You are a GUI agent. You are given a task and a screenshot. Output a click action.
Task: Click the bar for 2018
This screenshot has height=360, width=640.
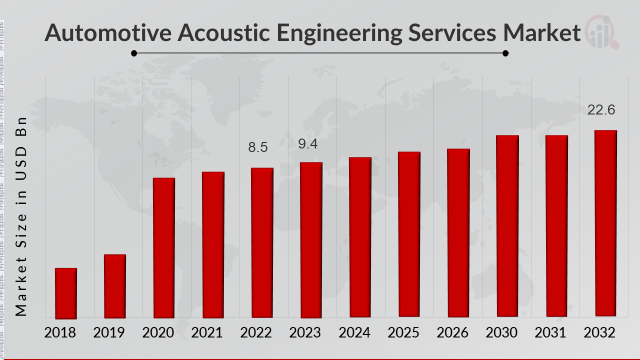65,293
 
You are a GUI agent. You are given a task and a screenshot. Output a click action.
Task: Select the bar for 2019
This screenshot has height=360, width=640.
114,286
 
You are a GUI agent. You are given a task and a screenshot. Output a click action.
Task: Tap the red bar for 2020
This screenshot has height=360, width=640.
163,247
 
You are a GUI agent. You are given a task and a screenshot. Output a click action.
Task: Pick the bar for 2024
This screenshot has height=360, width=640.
360,237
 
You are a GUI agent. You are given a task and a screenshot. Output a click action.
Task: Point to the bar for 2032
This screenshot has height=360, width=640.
605,223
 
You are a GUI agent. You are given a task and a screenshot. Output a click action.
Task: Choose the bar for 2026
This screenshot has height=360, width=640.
458,232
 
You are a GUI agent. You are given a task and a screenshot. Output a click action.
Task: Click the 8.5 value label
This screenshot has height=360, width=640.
258,147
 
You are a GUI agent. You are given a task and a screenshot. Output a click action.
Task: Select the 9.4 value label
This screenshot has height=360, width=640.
307,144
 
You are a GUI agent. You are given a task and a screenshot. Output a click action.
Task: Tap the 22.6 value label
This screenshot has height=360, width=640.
601,110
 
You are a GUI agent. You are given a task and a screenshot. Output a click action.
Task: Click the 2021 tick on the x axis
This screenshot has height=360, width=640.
207,333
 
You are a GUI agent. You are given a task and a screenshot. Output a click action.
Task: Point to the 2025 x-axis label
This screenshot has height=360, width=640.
403,333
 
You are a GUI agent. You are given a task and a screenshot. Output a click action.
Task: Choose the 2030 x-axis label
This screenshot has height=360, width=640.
501,333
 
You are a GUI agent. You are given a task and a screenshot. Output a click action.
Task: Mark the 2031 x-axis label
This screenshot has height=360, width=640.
550,333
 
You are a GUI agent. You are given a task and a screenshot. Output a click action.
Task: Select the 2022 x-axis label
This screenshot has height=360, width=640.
256,333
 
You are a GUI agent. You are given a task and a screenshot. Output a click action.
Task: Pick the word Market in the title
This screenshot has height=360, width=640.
542,33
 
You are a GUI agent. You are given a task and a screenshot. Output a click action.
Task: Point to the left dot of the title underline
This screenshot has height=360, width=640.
134,53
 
